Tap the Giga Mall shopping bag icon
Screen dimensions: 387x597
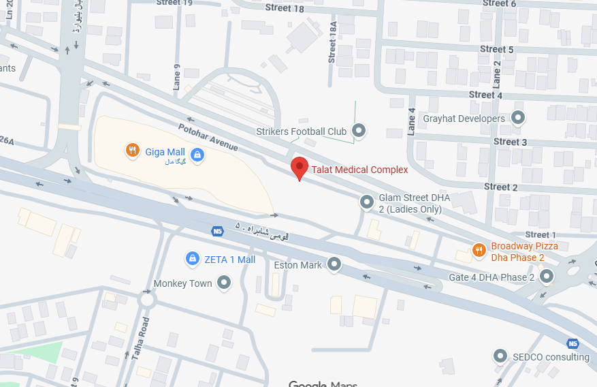(x=197, y=155)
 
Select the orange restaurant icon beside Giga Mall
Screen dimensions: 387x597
(x=133, y=150)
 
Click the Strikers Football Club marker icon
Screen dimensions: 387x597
(x=359, y=131)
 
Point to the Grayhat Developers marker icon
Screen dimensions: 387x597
(x=518, y=119)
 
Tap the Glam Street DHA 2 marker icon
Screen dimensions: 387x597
(x=367, y=202)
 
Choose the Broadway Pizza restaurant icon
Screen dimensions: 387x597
(x=479, y=251)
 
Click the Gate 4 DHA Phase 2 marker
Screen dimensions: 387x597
(x=547, y=277)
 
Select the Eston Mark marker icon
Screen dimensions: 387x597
(x=334, y=264)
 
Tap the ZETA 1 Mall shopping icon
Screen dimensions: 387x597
(x=193, y=259)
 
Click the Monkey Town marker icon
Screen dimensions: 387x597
(x=224, y=283)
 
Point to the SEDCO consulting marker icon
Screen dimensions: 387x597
(x=501, y=356)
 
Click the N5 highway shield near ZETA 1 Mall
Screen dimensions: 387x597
(x=218, y=232)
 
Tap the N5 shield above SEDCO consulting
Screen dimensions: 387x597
(x=572, y=343)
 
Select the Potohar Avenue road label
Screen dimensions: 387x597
(x=208, y=137)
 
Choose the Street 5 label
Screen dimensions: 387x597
(x=497, y=49)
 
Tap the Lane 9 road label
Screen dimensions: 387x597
(x=177, y=77)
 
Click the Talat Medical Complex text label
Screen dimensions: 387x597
(x=359, y=170)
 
